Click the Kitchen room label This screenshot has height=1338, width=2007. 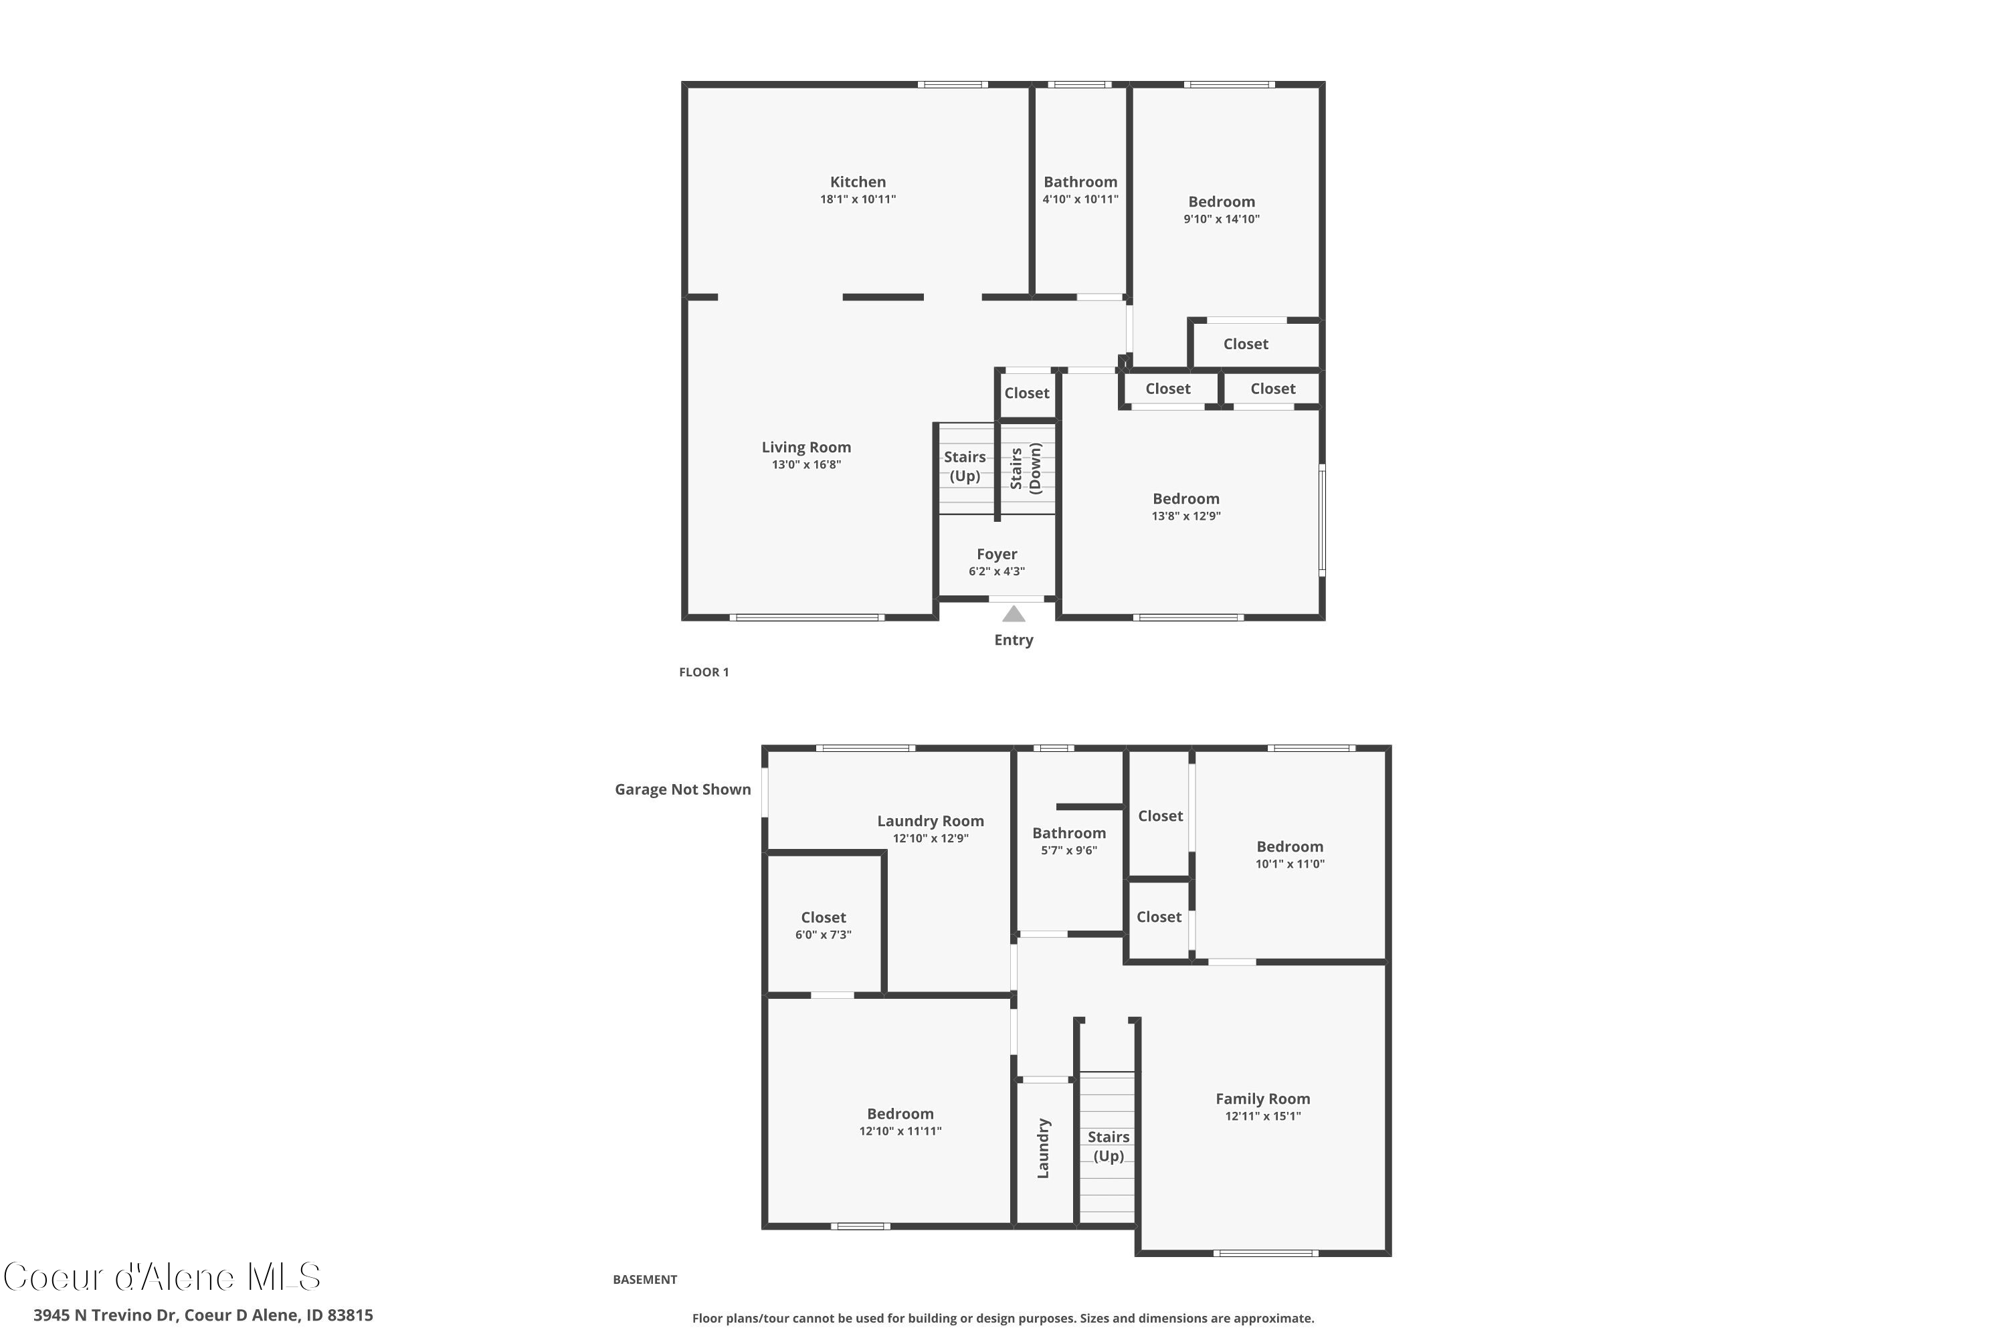(x=858, y=182)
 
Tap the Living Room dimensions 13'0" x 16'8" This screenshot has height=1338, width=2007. (x=806, y=465)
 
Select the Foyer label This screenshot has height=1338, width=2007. (x=997, y=555)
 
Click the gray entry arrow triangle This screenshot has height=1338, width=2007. (x=1013, y=614)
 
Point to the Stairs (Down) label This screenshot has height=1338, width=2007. (x=1026, y=468)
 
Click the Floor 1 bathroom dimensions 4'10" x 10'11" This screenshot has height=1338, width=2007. (x=1080, y=199)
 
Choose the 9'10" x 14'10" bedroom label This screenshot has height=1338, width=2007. (x=1221, y=202)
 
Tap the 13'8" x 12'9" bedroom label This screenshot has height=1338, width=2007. (x=1186, y=499)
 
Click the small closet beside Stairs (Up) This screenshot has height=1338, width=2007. (x=1026, y=393)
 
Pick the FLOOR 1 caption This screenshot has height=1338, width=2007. (x=704, y=672)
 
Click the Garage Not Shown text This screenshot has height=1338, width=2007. (x=682, y=789)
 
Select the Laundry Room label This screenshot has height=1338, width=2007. (x=930, y=821)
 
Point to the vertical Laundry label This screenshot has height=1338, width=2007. (x=1043, y=1149)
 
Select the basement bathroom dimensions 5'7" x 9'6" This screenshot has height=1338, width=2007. (x=1069, y=851)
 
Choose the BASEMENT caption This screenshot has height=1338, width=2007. (x=645, y=1279)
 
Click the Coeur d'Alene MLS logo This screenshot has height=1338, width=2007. (x=162, y=1277)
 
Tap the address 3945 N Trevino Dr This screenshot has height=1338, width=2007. (x=203, y=1315)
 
